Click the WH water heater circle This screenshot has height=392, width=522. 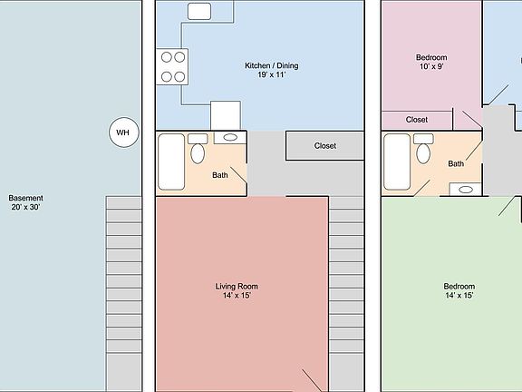pyautogui.click(x=123, y=133)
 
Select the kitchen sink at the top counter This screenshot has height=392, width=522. pyautogui.click(x=199, y=11)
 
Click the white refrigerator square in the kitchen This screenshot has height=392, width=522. pyautogui.click(x=226, y=115)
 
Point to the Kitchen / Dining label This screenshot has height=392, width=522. pyautogui.click(x=271, y=65)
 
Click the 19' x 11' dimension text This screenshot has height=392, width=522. pyautogui.click(x=271, y=76)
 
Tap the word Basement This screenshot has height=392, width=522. pyautogui.click(x=25, y=198)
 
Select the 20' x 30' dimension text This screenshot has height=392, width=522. pyautogui.click(x=25, y=208)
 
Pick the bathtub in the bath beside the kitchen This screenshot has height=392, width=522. pyautogui.click(x=170, y=162)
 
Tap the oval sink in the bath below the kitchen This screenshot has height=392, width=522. pyautogui.click(x=230, y=138)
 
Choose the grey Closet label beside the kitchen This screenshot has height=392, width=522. pyautogui.click(x=325, y=145)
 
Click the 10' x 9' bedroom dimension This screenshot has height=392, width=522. pyautogui.click(x=432, y=68)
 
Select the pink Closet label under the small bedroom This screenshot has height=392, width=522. pyautogui.click(x=417, y=120)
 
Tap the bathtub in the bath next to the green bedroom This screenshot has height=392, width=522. pyautogui.click(x=396, y=162)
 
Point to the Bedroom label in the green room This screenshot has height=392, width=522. pyautogui.click(x=459, y=286)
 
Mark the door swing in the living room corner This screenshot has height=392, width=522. pyautogui.click(x=312, y=379)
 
